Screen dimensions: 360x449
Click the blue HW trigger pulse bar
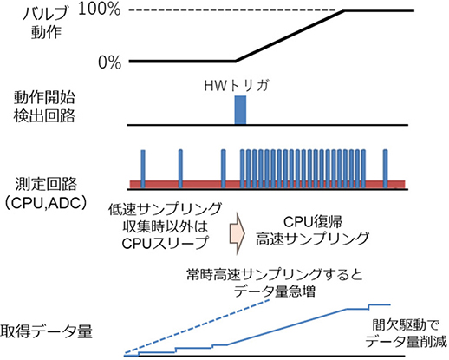241,110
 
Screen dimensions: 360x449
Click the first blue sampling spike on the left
141,166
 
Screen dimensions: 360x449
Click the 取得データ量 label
48,332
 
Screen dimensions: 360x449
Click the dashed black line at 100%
234,11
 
